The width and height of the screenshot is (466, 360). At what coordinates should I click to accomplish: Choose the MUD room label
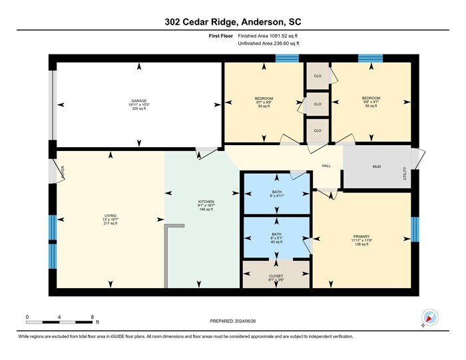[x=376, y=166]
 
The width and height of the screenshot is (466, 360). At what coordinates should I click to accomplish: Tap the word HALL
[x=326, y=166]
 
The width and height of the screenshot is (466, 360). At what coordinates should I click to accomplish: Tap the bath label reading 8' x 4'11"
[x=276, y=194]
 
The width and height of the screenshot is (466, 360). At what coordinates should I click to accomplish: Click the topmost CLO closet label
[x=318, y=77]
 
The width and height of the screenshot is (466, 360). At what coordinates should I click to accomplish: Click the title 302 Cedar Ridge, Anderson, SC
[x=233, y=22]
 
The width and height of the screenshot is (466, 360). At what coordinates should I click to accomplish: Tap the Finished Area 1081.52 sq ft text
[x=268, y=36]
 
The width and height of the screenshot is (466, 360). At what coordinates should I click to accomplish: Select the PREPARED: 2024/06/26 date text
[x=233, y=321]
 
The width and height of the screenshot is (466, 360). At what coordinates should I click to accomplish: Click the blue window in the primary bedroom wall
[x=415, y=230]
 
